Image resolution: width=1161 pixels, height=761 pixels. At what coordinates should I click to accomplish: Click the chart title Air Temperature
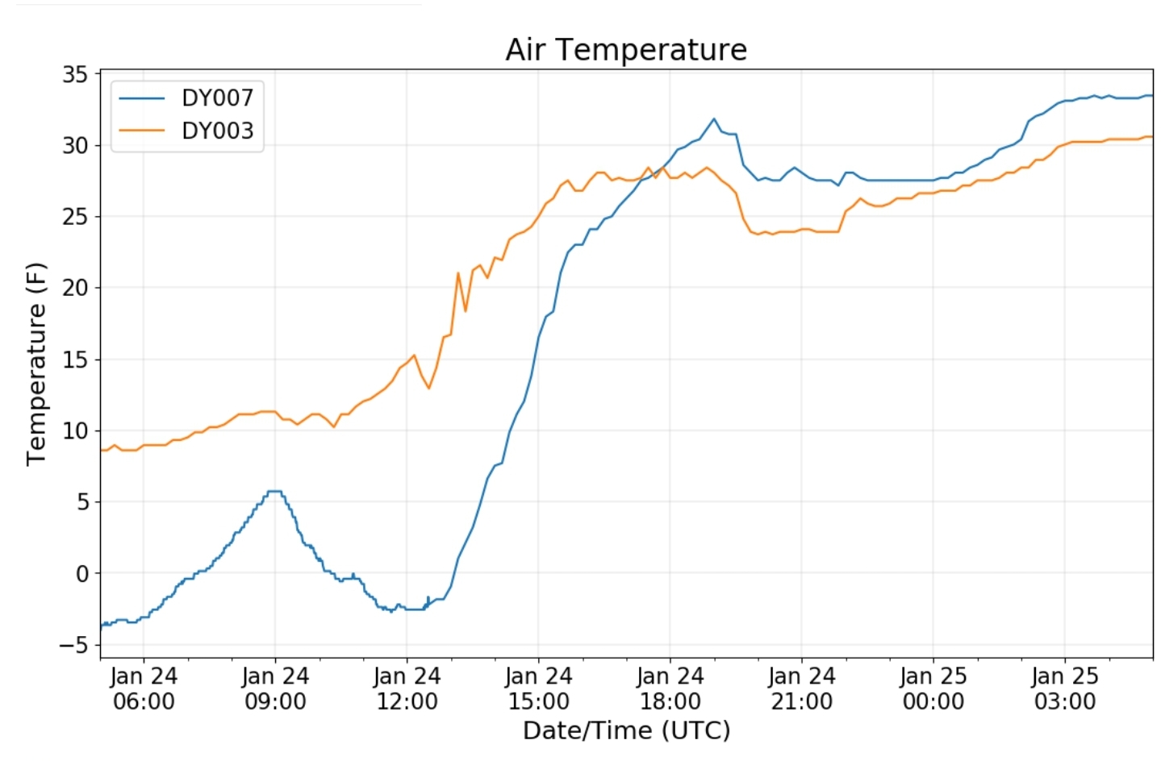tap(626, 50)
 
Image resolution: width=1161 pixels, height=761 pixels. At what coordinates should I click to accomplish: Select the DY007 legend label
tap(217, 98)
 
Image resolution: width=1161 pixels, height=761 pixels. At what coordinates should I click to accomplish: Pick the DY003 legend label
tap(217, 131)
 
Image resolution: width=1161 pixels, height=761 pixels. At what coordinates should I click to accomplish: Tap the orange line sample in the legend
tap(141, 131)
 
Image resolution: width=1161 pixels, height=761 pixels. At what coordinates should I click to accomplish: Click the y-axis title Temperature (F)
tap(36, 364)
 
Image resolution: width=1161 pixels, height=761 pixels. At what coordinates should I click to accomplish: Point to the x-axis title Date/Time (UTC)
tap(626, 730)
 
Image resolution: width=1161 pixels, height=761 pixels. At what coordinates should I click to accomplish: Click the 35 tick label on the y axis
tap(75, 75)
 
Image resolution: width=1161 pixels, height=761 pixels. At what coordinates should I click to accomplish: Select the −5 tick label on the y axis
tap(73, 645)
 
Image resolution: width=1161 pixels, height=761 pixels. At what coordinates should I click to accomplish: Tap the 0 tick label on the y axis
tap(82, 574)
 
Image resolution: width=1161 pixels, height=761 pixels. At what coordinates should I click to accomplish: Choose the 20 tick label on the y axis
tap(75, 288)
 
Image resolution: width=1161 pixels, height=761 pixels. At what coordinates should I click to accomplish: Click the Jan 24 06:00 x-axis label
tap(144, 688)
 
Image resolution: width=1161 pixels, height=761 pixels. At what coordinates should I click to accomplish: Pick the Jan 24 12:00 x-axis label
tap(407, 688)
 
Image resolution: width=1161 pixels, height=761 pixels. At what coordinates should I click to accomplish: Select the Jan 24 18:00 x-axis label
tap(670, 688)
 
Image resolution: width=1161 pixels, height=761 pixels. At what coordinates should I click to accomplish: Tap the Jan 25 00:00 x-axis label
tap(933, 688)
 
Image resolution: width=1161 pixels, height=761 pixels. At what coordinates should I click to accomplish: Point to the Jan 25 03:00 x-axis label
tap(1064, 688)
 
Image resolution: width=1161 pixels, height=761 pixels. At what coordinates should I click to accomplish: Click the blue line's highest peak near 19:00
tap(713, 119)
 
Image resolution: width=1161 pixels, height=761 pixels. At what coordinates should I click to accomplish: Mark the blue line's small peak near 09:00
tap(274, 491)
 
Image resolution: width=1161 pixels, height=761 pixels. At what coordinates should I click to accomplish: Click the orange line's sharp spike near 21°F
tap(458, 272)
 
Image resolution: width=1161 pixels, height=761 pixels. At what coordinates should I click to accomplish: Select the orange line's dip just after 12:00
tap(428, 389)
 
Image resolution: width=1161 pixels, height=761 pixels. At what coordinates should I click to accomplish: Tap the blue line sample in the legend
tap(141, 98)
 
